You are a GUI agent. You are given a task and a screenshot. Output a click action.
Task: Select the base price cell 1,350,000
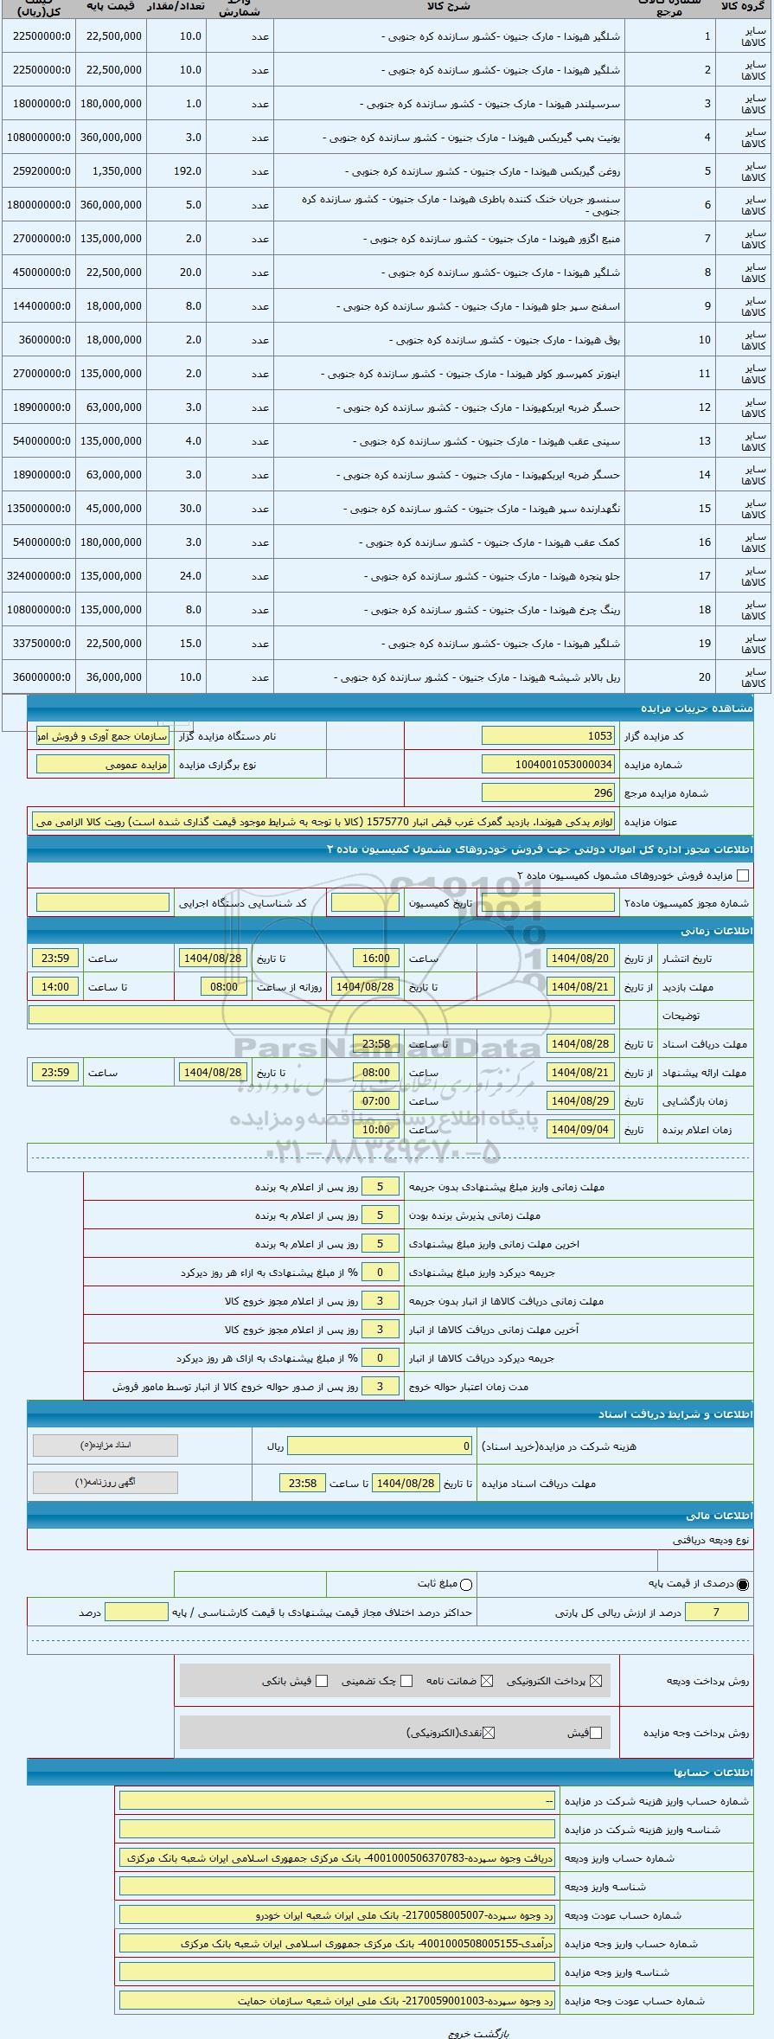click(x=111, y=171)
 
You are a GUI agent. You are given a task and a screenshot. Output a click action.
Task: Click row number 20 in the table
click(x=705, y=677)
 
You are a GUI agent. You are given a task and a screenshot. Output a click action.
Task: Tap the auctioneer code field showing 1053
click(x=547, y=736)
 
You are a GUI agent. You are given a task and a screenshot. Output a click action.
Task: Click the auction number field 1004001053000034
click(x=547, y=765)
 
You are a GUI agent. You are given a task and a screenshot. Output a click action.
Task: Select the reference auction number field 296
click(x=547, y=793)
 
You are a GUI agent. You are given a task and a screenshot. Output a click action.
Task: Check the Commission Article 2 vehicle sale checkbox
click(x=742, y=875)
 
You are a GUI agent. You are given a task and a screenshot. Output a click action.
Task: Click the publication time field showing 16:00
click(x=376, y=959)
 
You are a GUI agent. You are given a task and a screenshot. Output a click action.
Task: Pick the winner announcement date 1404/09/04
click(x=581, y=1130)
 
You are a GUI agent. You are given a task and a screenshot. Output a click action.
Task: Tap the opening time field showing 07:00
click(x=376, y=1101)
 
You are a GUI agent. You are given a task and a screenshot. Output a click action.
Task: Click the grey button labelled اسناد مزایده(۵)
click(x=106, y=1446)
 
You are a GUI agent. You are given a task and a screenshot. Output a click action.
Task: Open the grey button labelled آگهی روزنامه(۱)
click(x=106, y=1482)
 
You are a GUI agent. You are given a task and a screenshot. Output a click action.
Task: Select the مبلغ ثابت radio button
click(x=467, y=1585)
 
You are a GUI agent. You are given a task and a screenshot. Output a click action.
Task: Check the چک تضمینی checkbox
click(x=406, y=1681)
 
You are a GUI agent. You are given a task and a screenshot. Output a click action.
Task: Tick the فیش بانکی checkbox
click(x=322, y=1681)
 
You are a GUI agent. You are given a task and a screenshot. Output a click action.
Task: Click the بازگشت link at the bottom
click(x=495, y=2033)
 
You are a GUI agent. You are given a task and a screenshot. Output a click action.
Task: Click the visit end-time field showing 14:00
click(x=55, y=987)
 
